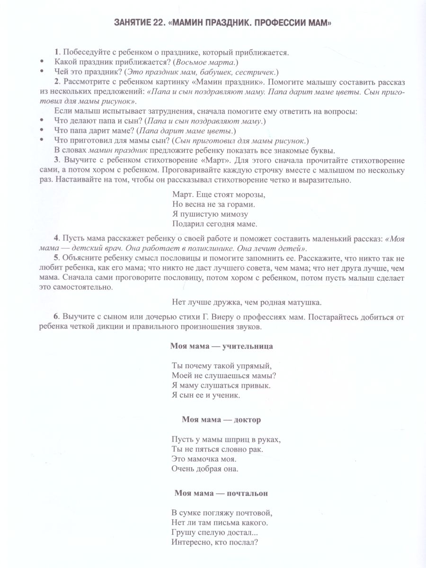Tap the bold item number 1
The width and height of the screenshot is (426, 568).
(56, 52)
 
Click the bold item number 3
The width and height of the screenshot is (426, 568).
(56, 161)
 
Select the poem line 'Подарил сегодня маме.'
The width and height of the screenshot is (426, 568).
(215, 224)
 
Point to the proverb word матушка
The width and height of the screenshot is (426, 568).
(302, 302)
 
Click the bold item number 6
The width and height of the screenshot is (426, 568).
(56, 317)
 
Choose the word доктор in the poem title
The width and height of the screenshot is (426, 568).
(247, 419)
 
